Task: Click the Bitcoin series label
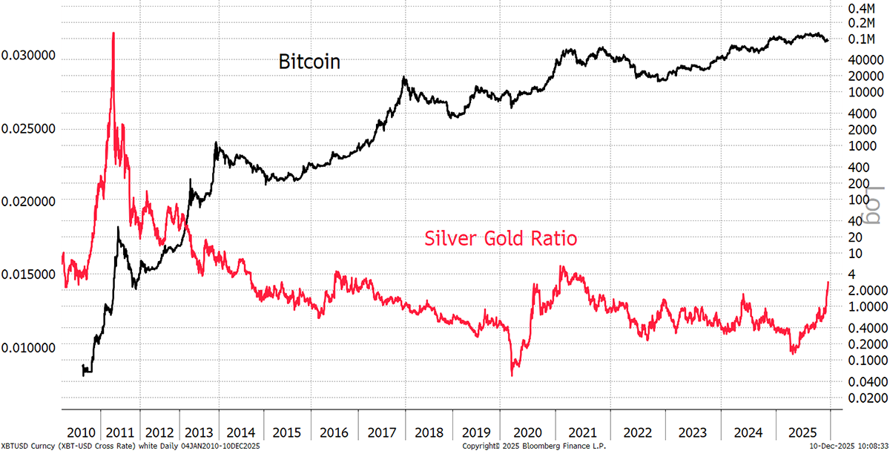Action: [309, 62]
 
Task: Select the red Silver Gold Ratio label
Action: [501, 239]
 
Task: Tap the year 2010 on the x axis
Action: [80, 432]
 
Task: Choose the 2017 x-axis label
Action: [378, 432]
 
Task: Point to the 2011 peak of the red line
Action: [113, 33]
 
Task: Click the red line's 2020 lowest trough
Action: [512, 375]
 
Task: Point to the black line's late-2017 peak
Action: [404, 77]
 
